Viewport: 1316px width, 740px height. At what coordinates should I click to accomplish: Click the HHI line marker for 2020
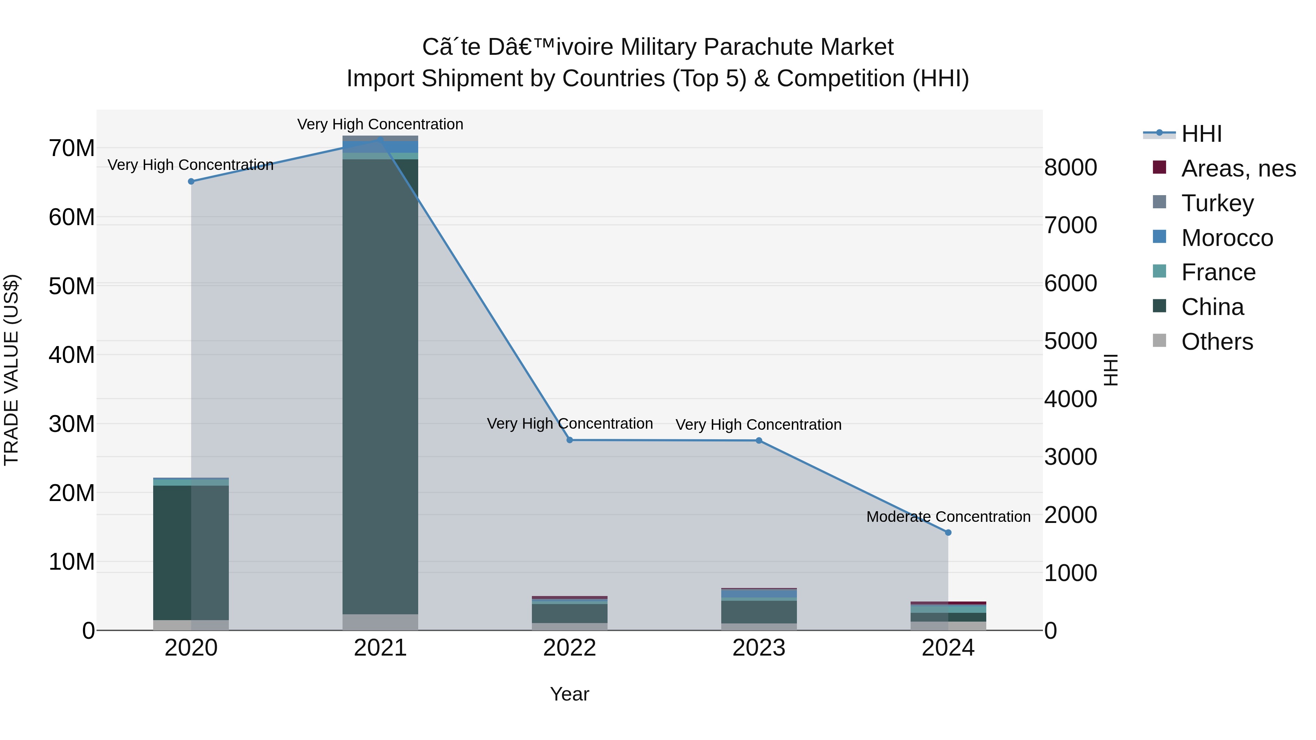point(191,181)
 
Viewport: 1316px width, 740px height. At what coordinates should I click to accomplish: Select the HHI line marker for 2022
point(570,440)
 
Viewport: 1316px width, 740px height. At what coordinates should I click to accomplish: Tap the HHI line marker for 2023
point(759,440)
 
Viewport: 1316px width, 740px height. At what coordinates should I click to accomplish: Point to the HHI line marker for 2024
point(948,532)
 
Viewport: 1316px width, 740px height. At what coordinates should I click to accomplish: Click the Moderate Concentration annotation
point(948,517)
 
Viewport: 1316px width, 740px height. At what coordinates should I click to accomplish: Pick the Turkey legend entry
point(1217,203)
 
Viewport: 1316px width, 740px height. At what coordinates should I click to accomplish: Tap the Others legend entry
point(1217,341)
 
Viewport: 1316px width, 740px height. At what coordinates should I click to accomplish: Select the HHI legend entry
point(1201,133)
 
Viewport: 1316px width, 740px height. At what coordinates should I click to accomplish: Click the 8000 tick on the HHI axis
point(1070,167)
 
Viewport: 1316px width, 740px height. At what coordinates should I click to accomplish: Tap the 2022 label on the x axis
point(570,648)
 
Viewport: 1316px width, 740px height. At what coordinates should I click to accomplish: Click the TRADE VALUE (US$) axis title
point(11,370)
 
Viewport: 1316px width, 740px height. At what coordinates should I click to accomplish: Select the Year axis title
point(570,694)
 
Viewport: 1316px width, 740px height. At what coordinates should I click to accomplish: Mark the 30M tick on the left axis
point(72,424)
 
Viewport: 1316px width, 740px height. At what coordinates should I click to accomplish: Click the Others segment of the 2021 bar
point(380,622)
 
